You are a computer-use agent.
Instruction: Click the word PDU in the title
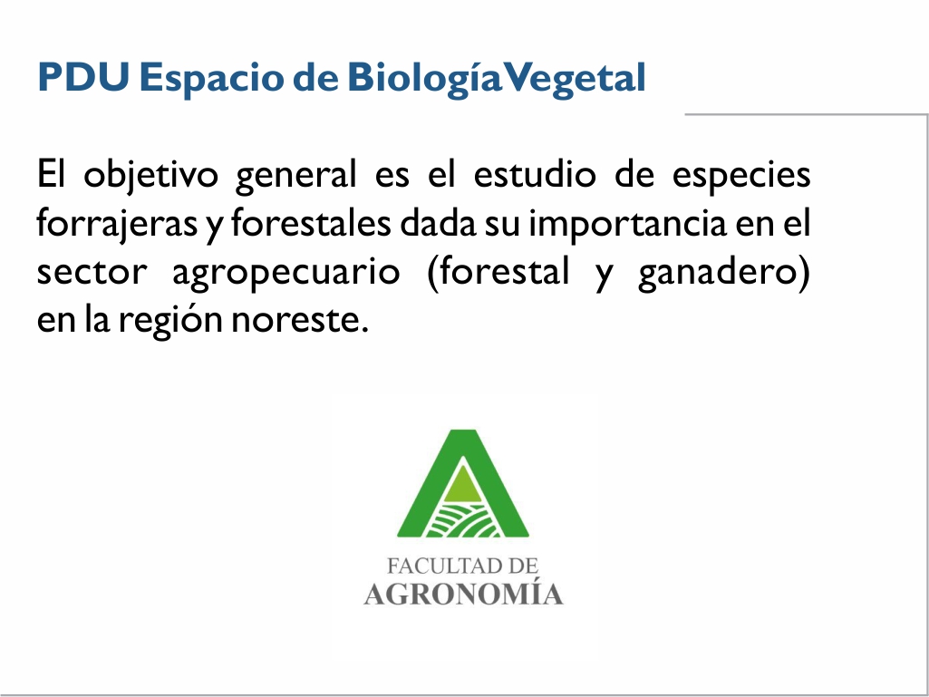[83, 77]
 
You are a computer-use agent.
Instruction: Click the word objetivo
[150, 176]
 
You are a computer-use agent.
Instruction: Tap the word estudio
[535, 174]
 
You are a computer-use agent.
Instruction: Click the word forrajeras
[117, 225]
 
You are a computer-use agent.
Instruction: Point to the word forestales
[311, 223]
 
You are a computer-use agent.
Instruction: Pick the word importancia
[627, 225]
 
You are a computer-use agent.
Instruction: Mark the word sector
[92, 272]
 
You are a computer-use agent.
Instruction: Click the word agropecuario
[285, 274]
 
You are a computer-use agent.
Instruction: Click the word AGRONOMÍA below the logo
[463, 593]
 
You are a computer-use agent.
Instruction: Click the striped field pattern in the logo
[463, 521]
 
